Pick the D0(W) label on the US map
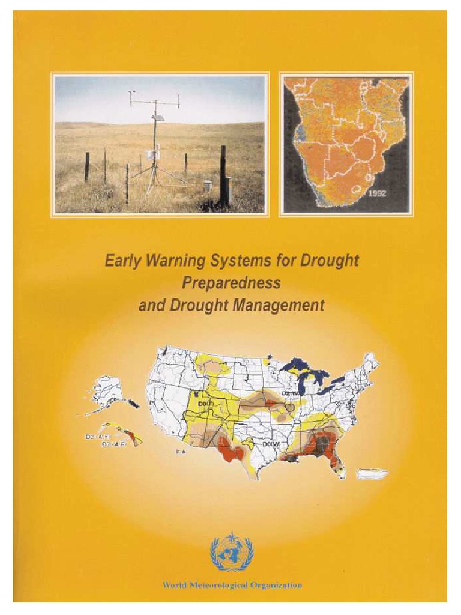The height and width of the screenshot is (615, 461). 271,444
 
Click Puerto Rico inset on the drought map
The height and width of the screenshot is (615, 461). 372,474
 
